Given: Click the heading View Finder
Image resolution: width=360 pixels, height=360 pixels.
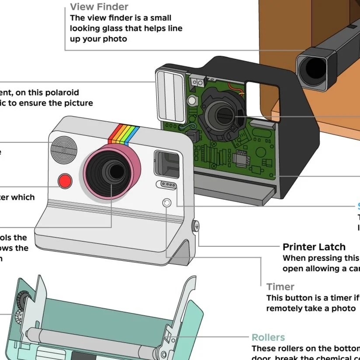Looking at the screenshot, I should [99, 7].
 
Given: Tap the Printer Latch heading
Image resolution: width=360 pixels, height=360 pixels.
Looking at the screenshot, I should [314, 247].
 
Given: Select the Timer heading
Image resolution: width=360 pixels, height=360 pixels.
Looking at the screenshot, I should [280, 287].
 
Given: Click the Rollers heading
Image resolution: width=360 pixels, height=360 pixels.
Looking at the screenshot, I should [268, 337].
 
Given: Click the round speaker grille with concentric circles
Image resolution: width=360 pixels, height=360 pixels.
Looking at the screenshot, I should [64, 149].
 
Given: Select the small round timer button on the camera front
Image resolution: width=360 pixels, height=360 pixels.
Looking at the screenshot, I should [166, 203].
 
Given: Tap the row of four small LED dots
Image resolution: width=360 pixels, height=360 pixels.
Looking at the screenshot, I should [167, 185].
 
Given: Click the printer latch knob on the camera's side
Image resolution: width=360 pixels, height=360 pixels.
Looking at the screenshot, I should [196, 226].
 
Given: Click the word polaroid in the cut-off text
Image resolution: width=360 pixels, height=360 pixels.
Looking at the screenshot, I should [61, 93].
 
